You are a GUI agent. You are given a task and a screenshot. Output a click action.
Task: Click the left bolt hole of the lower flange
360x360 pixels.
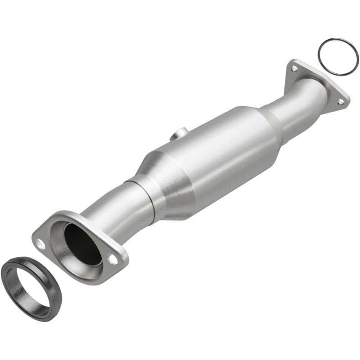tap(41, 244)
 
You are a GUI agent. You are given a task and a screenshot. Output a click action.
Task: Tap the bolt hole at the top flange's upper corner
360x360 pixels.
tap(294, 68)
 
